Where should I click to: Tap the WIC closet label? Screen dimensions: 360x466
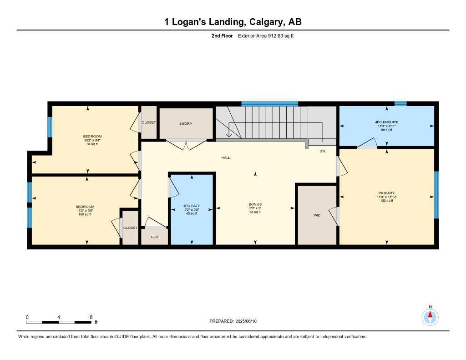pyautogui.click(x=317, y=215)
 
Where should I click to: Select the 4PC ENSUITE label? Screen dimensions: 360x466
pyautogui.click(x=387, y=122)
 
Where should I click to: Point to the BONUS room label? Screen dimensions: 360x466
pyautogui.click(x=255, y=204)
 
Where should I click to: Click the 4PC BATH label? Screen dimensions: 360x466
pyautogui.click(x=191, y=206)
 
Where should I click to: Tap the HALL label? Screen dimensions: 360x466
pyautogui.click(x=226, y=157)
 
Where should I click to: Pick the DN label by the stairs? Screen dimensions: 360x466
pyautogui.click(x=322, y=151)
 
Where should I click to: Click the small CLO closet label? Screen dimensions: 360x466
pyautogui.click(x=154, y=237)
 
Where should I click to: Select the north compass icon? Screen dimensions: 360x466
pyautogui.click(x=430, y=316)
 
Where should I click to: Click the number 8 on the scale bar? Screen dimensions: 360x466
pyautogui.click(x=91, y=317)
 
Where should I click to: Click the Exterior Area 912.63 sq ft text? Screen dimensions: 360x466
pyautogui.click(x=266, y=36)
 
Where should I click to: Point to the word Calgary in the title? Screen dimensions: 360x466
pyautogui.click(x=264, y=22)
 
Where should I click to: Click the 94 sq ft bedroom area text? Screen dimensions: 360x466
pyautogui.click(x=92, y=144)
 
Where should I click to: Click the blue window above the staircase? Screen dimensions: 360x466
pyautogui.click(x=269, y=104)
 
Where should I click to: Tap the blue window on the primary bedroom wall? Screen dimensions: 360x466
pyautogui.click(x=436, y=195)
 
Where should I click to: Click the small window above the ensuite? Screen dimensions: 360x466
pyautogui.click(x=400, y=104)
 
